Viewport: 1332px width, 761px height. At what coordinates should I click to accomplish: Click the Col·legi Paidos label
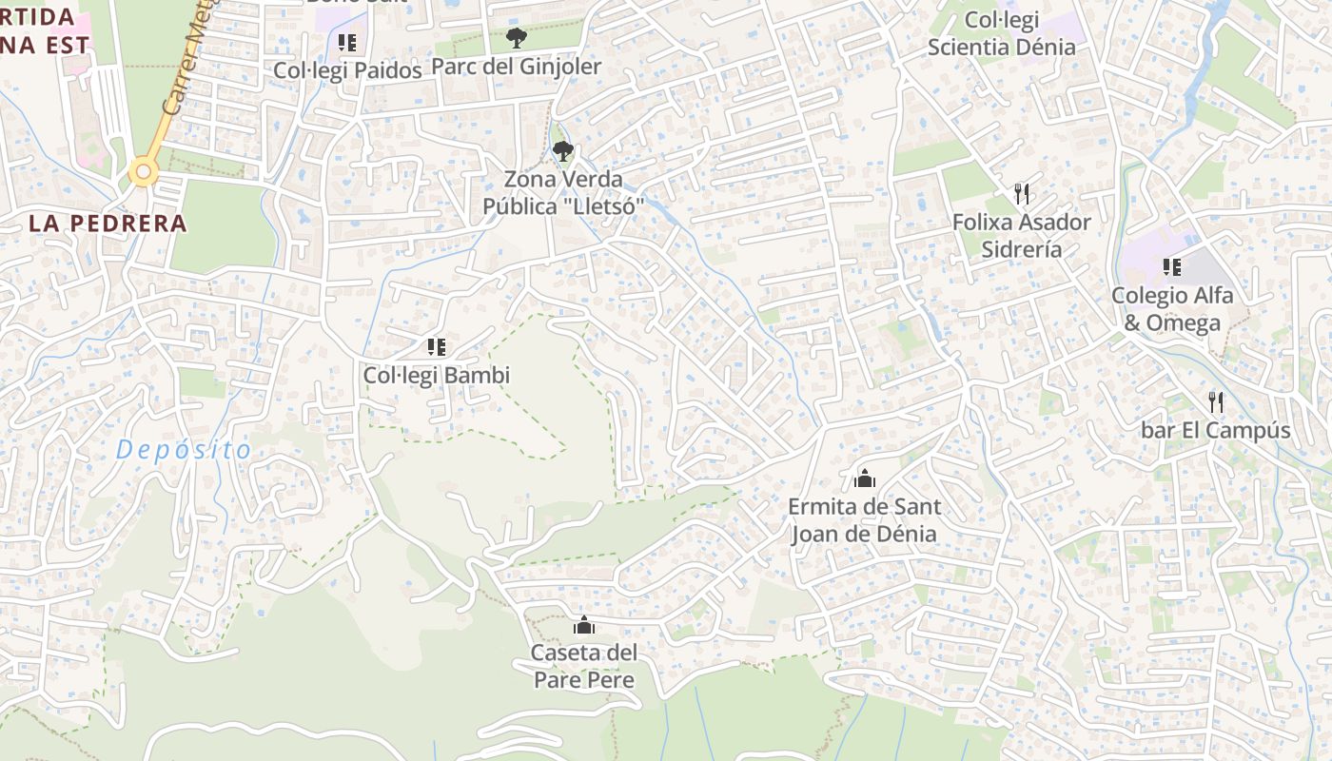[347, 70]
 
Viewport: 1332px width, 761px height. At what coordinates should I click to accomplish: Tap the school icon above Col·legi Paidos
[347, 43]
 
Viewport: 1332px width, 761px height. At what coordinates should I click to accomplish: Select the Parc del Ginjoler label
[517, 67]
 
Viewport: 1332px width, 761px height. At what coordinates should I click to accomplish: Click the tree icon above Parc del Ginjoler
[516, 39]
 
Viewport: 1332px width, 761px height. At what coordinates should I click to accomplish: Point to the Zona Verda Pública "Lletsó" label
[563, 193]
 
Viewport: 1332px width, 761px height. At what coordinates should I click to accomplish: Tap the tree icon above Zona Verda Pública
[563, 150]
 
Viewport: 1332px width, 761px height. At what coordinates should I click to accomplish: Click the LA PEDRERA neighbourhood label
[108, 224]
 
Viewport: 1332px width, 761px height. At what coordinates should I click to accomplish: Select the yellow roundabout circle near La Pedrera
[144, 172]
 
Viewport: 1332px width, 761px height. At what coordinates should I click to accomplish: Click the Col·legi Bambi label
[437, 376]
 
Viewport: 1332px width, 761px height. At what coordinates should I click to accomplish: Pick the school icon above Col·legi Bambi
[437, 347]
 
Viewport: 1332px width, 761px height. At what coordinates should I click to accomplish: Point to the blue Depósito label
[184, 450]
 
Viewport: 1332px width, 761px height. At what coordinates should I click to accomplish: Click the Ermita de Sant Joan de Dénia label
[864, 520]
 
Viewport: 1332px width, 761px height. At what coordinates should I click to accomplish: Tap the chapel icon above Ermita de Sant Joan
[865, 478]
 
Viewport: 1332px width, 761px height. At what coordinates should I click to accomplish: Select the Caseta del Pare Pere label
[584, 667]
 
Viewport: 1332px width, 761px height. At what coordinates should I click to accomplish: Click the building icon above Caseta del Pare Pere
[584, 626]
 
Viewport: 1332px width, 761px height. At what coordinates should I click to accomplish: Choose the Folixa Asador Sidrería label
[1022, 236]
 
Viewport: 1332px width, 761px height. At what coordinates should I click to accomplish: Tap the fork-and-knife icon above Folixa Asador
[1023, 194]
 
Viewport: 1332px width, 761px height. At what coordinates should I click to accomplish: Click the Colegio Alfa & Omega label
[1172, 309]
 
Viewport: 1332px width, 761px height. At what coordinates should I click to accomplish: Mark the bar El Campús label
[1216, 431]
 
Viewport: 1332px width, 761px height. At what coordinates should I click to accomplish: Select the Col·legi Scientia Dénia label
[1002, 33]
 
